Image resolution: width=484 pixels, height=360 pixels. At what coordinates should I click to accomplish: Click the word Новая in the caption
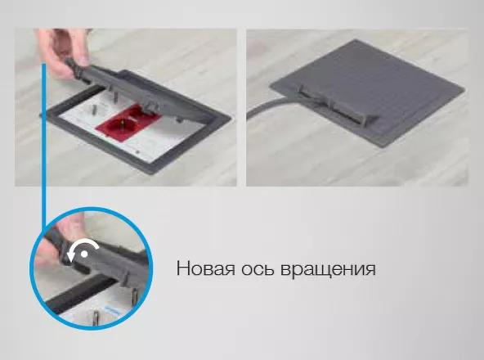coord(205,268)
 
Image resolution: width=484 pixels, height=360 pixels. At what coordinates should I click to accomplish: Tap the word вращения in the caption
coord(331,268)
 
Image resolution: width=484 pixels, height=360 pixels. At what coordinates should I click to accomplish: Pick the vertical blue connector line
coord(44,139)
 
